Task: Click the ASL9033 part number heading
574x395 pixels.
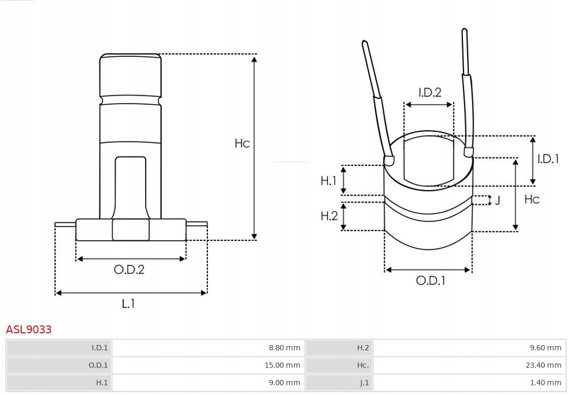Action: pos(29,330)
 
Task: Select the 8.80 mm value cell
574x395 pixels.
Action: pos(284,348)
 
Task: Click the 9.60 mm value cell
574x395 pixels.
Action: pos(545,348)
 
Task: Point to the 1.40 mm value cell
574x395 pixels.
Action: pos(545,383)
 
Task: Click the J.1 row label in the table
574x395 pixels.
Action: pos(364,383)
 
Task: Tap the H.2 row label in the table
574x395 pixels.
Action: pos(363,348)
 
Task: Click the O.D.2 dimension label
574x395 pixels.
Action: pos(129,270)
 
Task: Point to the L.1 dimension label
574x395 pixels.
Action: pos(129,304)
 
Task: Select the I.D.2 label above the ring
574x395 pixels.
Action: pos(429,93)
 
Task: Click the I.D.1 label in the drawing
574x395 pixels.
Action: pos(548,158)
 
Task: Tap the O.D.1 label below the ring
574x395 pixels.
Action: pos(430,281)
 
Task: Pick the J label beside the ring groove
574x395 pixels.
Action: pos(497,200)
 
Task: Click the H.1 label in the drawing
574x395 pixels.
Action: pos(328,181)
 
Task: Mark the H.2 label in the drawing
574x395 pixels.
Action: pos(329,216)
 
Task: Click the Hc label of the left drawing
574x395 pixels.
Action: pos(242,144)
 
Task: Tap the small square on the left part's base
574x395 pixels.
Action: pos(131,230)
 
